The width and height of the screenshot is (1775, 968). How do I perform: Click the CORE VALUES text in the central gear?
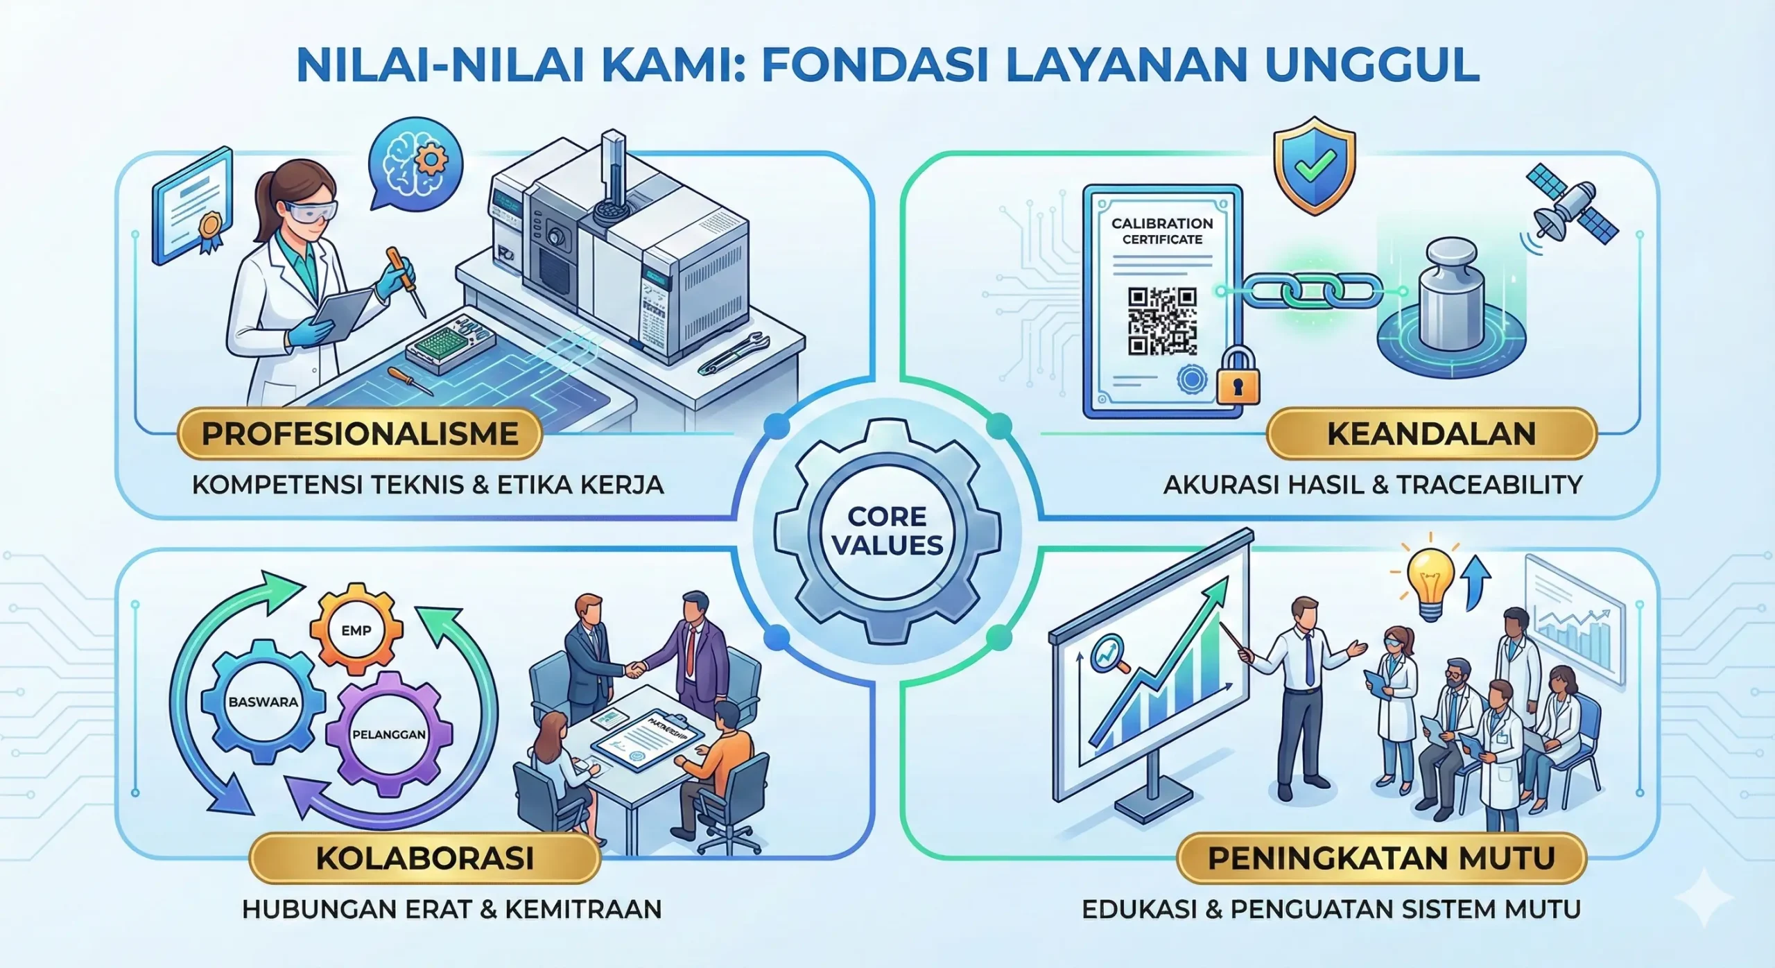887,530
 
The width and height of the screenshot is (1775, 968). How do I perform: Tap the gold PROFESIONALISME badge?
360,434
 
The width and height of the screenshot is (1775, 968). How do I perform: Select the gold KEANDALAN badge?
1431,434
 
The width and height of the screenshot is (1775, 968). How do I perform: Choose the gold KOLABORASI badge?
424,858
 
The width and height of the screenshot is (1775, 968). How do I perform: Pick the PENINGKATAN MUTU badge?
1381,858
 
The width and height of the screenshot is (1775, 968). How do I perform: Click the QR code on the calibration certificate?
1162,321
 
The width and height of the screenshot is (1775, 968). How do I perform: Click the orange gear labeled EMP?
356,630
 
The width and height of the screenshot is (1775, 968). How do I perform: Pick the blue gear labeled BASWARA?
263,702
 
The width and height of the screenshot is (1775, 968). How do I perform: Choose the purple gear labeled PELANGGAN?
389,734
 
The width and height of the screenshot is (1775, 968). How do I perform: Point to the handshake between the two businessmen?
634,669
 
